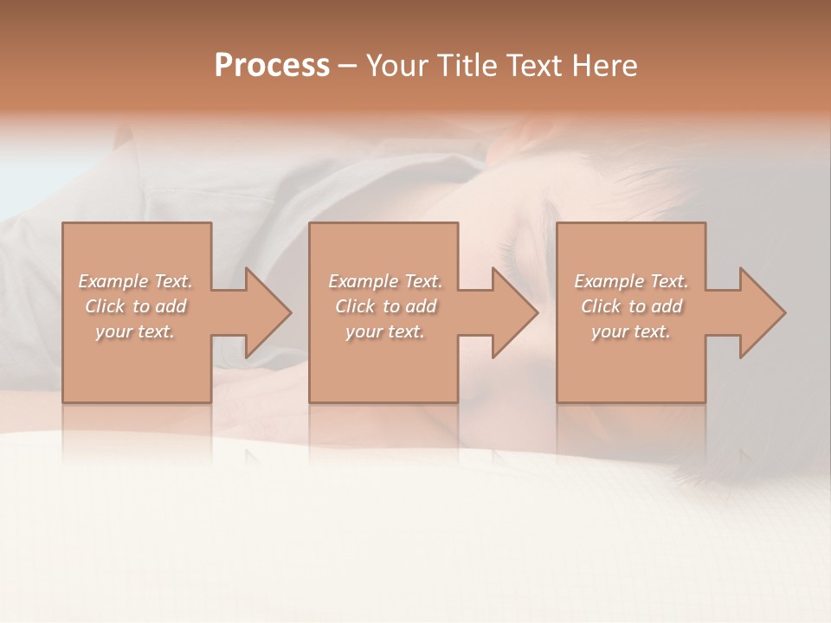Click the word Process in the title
pos(272,66)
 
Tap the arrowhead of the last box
pos(761,312)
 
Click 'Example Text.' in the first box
pos(135,281)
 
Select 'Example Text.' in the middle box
pos(385,281)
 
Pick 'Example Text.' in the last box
pos(631,281)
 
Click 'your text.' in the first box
pos(135,331)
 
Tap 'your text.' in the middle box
pos(385,331)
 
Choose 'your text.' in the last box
pos(631,331)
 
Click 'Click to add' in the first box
pos(136,306)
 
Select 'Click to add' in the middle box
pos(385,306)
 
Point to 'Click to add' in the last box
pos(631,306)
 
